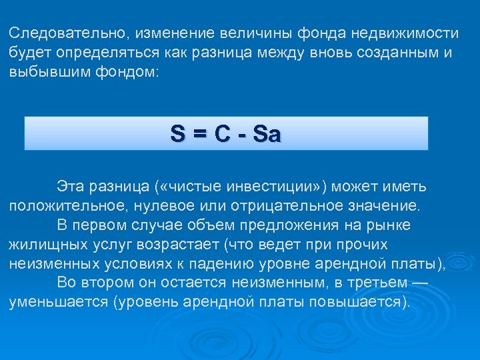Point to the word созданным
click(x=387, y=52)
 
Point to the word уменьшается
click(x=58, y=302)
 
